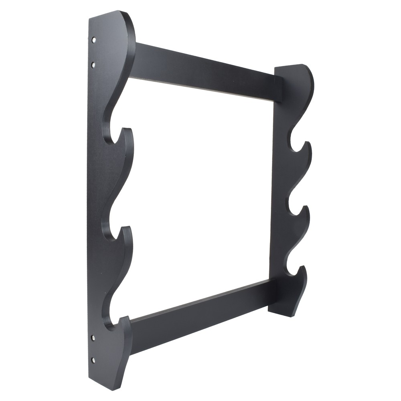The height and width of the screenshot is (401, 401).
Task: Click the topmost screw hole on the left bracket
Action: click(93, 40)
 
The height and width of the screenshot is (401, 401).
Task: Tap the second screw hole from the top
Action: click(93, 64)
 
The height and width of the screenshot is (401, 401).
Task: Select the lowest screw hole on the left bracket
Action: click(93, 360)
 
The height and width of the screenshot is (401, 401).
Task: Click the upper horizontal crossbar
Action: click(205, 72)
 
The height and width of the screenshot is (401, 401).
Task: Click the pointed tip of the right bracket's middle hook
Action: click(306, 207)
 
